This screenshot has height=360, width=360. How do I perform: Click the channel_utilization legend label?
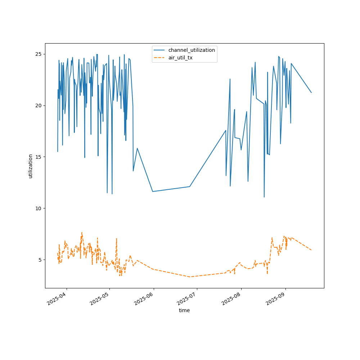click(192, 50)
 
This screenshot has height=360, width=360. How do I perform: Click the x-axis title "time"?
click(184, 310)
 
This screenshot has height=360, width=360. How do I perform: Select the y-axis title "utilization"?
click(31, 166)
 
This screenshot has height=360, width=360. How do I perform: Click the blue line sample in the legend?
click(159, 50)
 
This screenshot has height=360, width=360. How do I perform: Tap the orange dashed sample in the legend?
click(159, 58)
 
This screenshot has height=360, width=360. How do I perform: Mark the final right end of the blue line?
click(311, 93)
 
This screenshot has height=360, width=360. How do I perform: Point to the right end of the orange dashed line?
click(311, 250)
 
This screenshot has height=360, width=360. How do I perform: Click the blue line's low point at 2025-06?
click(153, 192)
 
